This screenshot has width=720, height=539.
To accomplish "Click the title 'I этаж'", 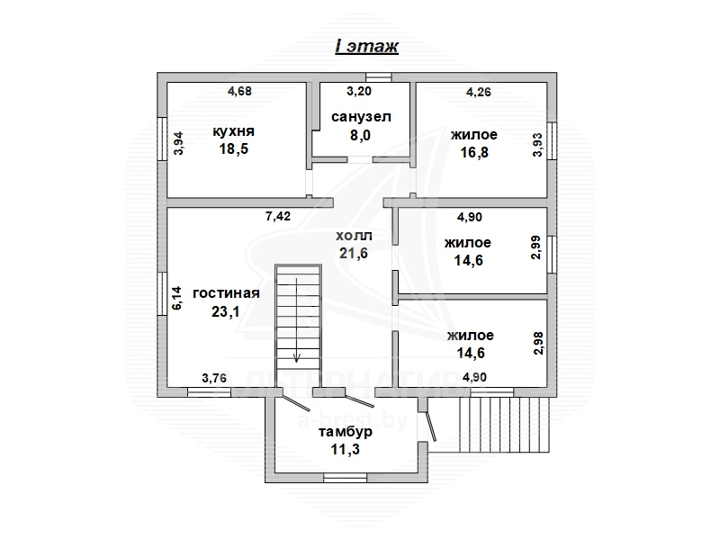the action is point(366,46).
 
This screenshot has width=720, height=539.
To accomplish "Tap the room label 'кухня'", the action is point(233,131).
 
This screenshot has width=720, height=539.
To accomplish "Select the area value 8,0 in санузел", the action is point(360,136).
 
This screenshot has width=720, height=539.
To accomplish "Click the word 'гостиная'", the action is point(227,293).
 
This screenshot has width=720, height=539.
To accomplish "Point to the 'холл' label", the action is point(354,236).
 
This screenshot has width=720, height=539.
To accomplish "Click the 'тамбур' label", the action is point(346,432).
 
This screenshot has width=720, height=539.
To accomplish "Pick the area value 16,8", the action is point(474,152).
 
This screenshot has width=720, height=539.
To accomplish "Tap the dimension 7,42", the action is point(278,216).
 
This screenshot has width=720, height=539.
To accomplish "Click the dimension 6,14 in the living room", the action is point(176,298).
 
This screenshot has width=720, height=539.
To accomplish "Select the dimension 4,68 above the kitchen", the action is point(239,91).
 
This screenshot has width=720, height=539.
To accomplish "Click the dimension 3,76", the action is point(214,378).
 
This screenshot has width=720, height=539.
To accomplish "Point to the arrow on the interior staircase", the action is point(297,320).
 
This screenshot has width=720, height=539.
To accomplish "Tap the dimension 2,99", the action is point(535,247).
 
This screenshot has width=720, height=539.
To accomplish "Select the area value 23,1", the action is point(226,312).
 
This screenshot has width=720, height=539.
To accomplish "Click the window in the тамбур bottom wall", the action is point(346,479).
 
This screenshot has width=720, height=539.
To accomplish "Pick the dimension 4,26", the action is point(479,92).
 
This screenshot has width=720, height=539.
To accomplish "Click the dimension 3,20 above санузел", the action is point(359,91).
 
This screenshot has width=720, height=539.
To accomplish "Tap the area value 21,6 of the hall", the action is point(354,254).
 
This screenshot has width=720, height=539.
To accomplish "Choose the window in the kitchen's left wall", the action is point(162,139).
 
